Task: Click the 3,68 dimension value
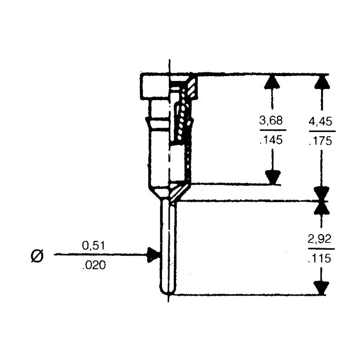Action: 271,121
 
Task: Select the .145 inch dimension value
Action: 271,140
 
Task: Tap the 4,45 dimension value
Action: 320,121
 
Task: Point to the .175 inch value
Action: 321,141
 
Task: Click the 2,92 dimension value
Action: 319,239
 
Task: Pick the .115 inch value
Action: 320,258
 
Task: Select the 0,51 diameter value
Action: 94,246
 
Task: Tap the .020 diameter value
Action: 94,265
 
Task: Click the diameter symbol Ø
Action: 37,256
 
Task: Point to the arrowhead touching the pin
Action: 153,255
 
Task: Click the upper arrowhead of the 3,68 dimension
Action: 272,82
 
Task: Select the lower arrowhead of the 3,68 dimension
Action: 273,177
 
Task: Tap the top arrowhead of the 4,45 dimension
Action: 322,82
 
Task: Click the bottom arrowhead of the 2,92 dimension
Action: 321,288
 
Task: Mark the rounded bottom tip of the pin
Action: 168,293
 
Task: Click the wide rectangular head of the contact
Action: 169,86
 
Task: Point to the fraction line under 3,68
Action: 273,130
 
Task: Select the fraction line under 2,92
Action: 321,249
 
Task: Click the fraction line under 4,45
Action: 322,131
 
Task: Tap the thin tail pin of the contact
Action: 168,247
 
